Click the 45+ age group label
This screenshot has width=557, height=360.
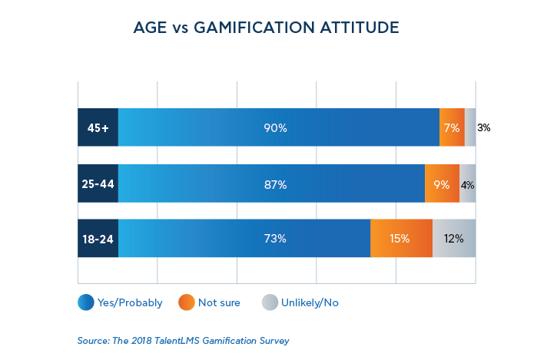click(x=98, y=127)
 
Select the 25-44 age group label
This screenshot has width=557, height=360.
click(x=98, y=184)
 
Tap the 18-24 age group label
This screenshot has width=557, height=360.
click(x=98, y=239)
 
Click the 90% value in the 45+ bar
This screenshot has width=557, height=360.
click(x=275, y=128)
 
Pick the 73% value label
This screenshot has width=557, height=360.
click(x=275, y=239)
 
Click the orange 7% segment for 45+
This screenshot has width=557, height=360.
click(x=452, y=128)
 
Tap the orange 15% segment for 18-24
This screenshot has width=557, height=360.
click(x=400, y=239)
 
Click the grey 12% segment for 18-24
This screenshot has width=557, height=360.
click(x=453, y=239)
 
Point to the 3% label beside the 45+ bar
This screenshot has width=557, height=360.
click(x=484, y=128)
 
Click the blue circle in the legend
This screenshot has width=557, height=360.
click(x=85, y=302)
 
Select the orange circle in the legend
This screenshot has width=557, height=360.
click(x=186, y=302)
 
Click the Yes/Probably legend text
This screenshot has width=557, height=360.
click(x=130, y=303)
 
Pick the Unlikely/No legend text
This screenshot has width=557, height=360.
click(x=310, y=303)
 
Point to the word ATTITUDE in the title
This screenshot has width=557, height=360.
click(x=360, y=28)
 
